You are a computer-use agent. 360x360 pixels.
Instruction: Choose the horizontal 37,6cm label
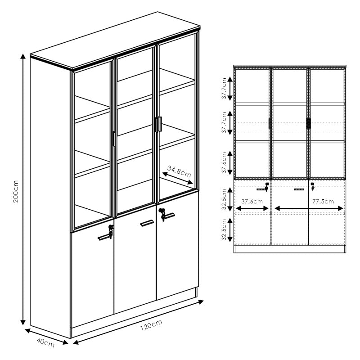[252, 202]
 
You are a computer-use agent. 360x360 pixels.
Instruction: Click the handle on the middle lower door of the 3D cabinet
[147, 223]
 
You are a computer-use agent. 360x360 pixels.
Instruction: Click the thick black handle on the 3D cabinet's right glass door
[157, 125]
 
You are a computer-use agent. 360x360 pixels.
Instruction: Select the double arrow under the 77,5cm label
[309, 208]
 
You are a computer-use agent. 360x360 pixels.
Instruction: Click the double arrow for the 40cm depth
[46, 337]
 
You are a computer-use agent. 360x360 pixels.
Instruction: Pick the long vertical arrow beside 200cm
[23, 189]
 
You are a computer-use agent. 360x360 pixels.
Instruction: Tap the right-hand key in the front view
[312, 186]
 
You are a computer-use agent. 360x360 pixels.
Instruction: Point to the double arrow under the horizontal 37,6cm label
[252, 208]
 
